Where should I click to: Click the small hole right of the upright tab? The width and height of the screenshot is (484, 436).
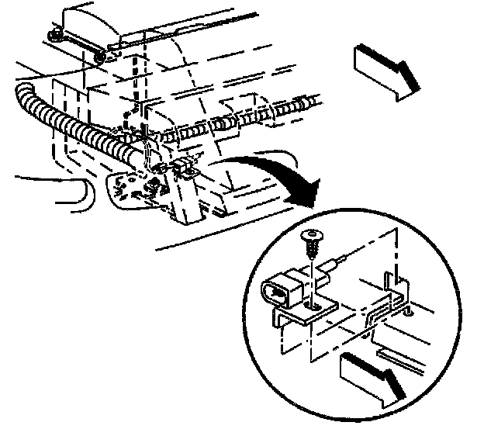point(408,315)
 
